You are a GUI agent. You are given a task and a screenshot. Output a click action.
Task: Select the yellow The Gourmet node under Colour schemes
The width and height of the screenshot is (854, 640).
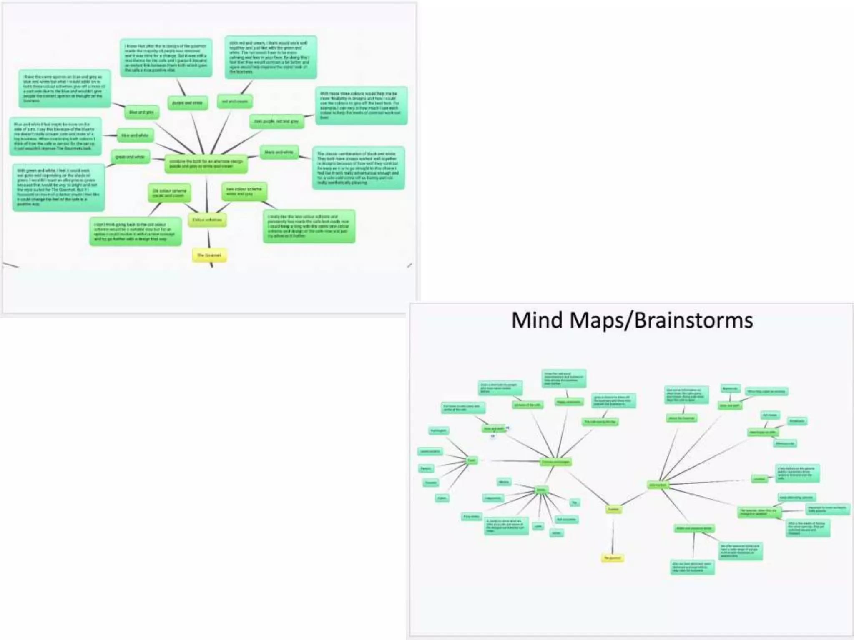click(x=209, y=255)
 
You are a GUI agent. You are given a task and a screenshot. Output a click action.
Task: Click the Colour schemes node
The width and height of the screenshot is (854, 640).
click(x=207, y=220)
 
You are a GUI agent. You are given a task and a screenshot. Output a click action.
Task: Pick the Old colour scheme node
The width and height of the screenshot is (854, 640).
click(x=169, y=192)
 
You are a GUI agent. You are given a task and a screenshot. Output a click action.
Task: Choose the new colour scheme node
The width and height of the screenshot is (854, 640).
click(x=244, y=191)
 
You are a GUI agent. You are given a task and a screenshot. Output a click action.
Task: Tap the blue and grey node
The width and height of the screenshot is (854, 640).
click(x=141, y=112)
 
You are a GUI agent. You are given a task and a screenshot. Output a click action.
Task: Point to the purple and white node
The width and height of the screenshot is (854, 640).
click(x=187, y=103)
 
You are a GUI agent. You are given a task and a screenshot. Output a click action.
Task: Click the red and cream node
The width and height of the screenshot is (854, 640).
click(x=235, y=101)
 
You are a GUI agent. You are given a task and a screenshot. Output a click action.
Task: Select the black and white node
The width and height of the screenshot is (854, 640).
click(x=279, y=152)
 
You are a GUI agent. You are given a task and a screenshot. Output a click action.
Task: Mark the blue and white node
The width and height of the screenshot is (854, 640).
click(x=135, y=135)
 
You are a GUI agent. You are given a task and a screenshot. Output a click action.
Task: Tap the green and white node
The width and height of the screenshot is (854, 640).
click(x=130, y=157)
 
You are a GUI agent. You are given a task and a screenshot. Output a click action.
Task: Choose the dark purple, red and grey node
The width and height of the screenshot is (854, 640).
click(x=276, y=121)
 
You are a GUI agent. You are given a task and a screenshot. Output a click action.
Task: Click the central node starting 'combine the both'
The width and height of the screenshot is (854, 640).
click(x=206, y=163)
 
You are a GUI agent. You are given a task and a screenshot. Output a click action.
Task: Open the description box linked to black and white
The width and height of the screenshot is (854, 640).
click(x=358, y=167)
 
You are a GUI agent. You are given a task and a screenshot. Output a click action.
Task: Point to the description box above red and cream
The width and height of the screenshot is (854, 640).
click(x=271, y=57)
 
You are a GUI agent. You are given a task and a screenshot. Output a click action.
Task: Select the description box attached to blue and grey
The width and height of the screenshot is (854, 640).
click(x=64, y=88)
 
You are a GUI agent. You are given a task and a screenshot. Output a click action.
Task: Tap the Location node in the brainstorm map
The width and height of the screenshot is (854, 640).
click(x=759, y=479)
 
